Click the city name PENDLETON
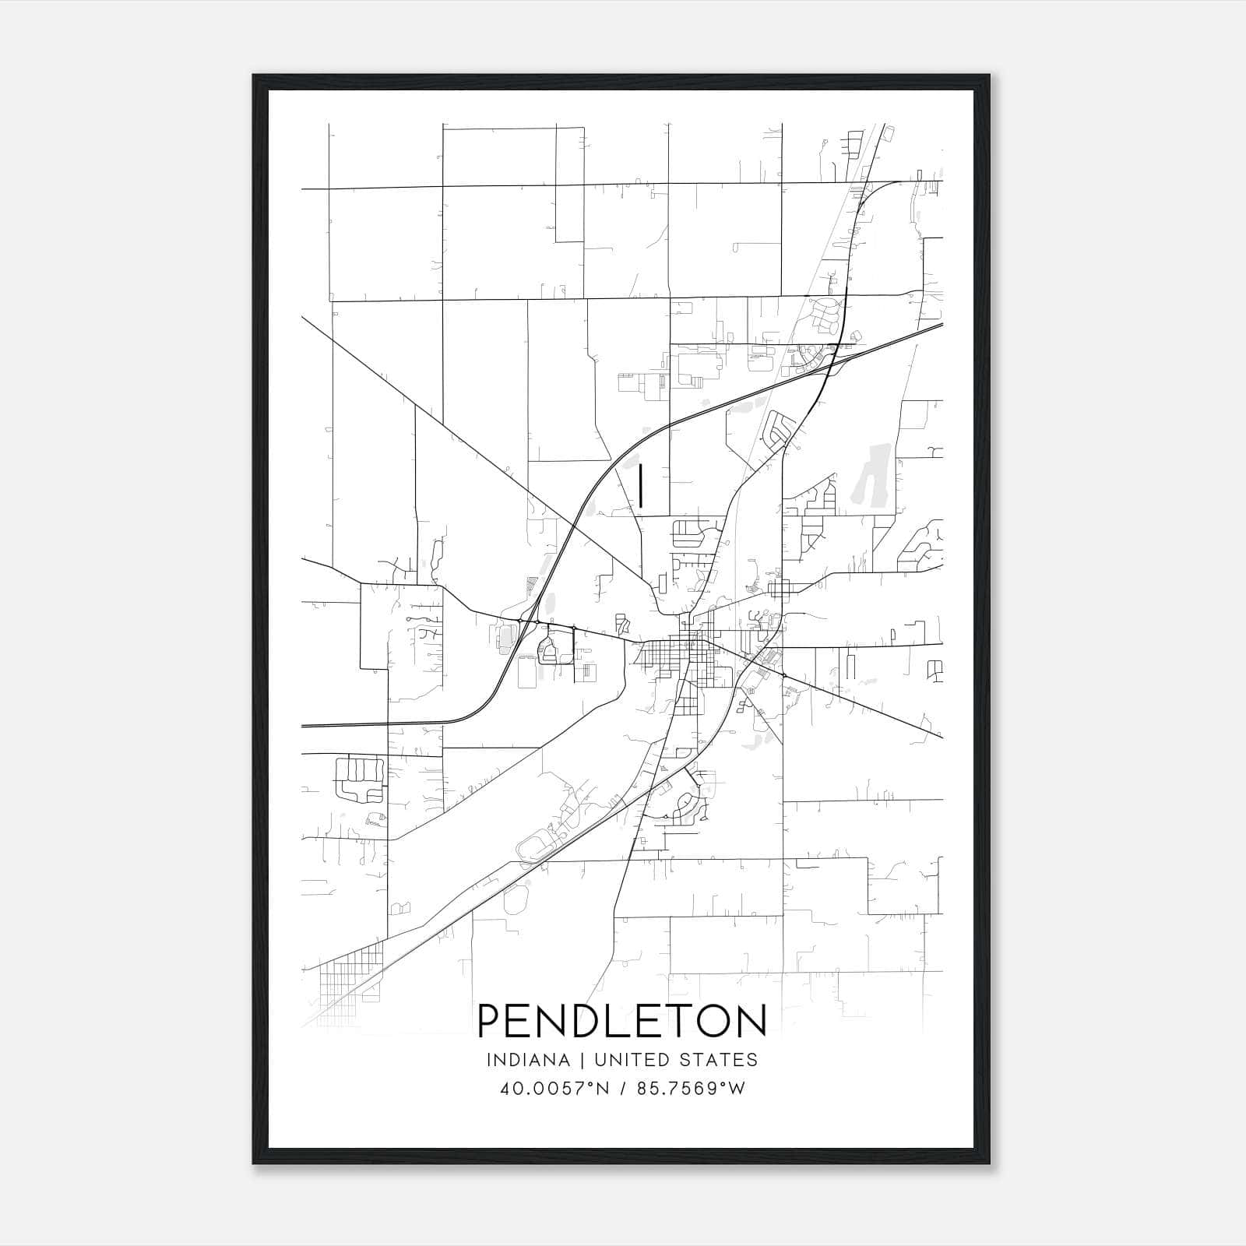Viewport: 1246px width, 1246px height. coord(622,1021)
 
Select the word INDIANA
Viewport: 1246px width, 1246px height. coord(521,1060)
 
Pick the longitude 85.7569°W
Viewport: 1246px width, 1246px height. coord(692,1089)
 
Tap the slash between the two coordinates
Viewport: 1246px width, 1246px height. coord(623,1089)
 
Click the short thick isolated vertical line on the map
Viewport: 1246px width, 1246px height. coord(640,487)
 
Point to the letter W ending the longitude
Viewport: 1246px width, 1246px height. coord(737,1089)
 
